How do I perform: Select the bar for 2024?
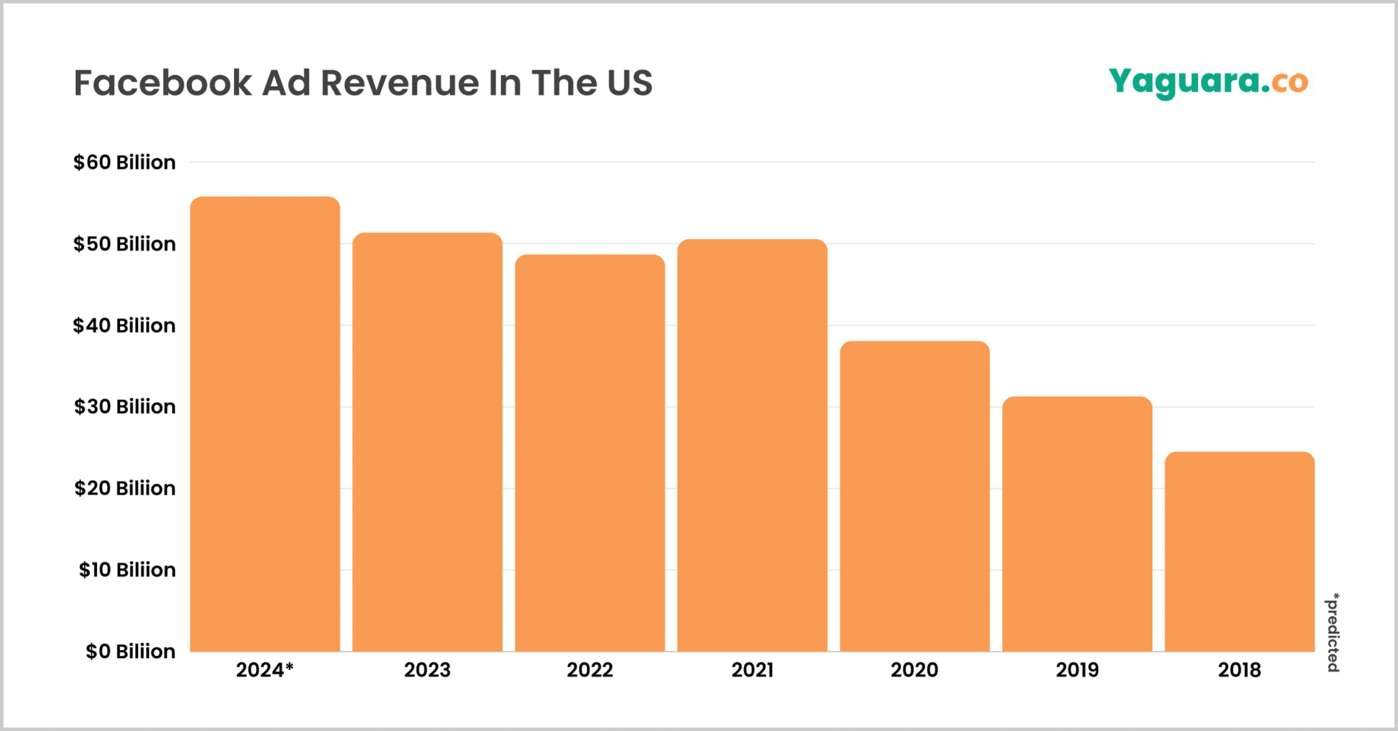(265, 423)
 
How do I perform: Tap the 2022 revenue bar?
(590, 453)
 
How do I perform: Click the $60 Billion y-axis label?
(124, 162)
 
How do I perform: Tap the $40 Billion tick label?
(124, 326)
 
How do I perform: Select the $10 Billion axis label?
(127, 570)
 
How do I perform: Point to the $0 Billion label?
(130, 651)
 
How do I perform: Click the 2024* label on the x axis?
(265, 670)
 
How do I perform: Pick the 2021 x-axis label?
(752, 670)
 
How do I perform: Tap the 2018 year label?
(1240, 670)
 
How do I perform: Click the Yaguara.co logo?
(1208, 83)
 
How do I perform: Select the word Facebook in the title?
(163, 83)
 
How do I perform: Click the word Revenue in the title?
(400, 83)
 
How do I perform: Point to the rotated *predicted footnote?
(1333, 632)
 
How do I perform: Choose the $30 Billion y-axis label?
(125, 407)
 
